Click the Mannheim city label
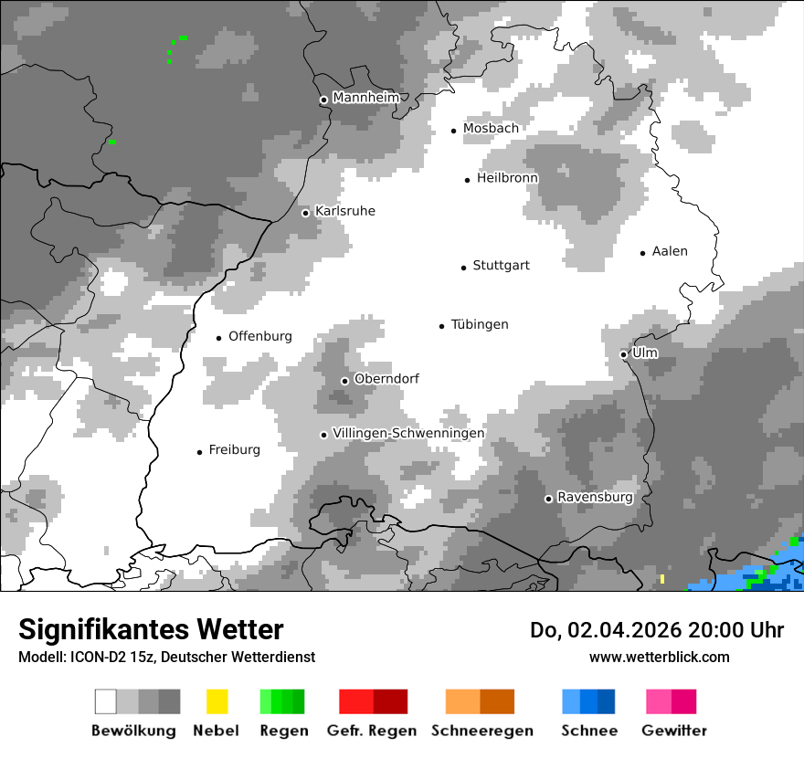(x=365, y=98)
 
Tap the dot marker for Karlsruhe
(x=306, y=213)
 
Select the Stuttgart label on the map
(x=501, y=266)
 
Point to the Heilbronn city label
(x=507, y=178)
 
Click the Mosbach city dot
(x=453, y=131)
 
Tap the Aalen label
(x=670, y=251)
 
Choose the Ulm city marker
(x=623, y=354)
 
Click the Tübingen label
(x=480, y=324)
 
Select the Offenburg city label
(x=260, y=336)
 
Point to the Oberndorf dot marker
(x=344, y=381)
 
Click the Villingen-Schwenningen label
(x=408, y=433)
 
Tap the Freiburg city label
(x=234, y=449)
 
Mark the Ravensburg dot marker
(x=548, y=499)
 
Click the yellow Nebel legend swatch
(x=217, y=701)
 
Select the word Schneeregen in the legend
(x=482, y=731)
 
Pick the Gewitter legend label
(x=674, y=731)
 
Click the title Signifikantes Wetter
(x=151, y=629)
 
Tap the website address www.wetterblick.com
(x=660, y=657)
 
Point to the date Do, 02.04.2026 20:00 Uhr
(x=657, y=630)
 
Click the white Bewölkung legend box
(x=106, y=701)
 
